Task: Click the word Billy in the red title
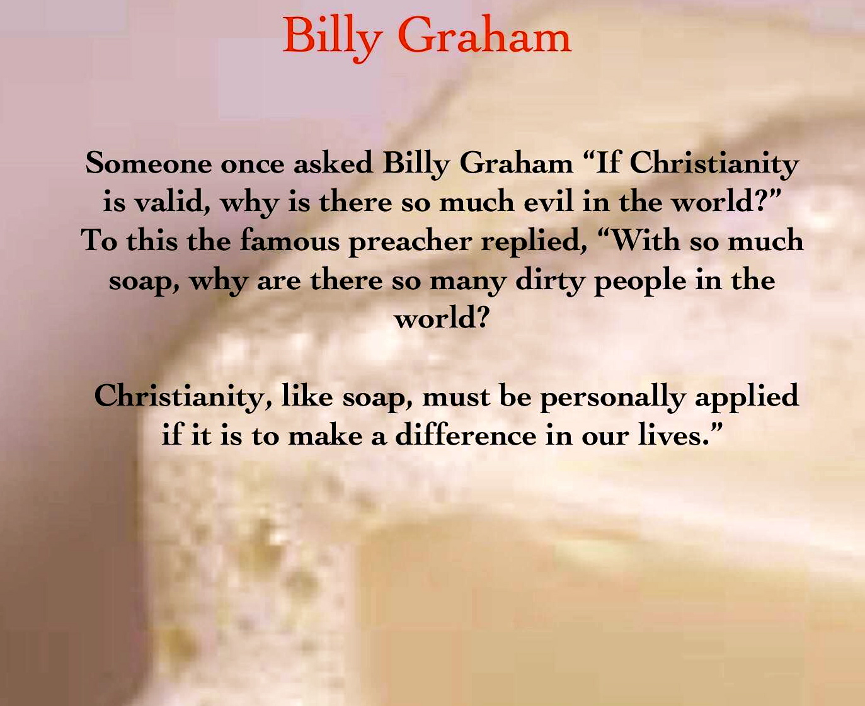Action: [x=333, y=38]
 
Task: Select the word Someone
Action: [x=149, y=163]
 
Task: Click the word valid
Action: [x=173, y=202]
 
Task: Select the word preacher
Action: [x=410, y=242]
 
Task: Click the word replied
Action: [x=534, y=242]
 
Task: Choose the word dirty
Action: [x=549, y=282]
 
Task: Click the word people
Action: [x=640, y=282]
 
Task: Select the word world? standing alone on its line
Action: [x=442, y=318]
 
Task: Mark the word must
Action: [x=456, y=397]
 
